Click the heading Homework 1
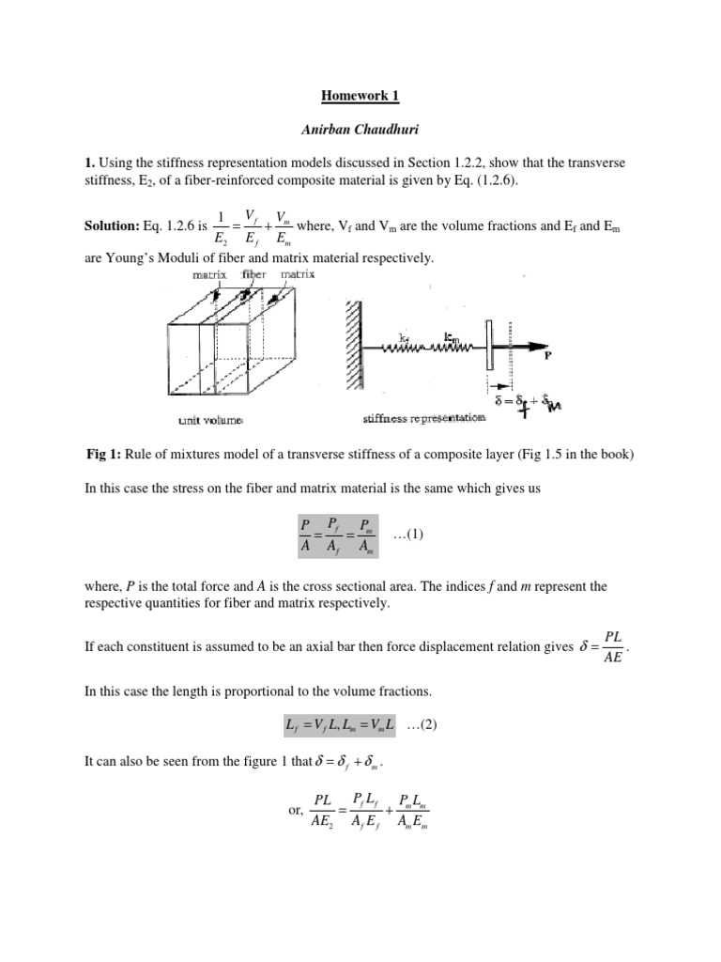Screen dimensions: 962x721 360,95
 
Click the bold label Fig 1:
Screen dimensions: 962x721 102,455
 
